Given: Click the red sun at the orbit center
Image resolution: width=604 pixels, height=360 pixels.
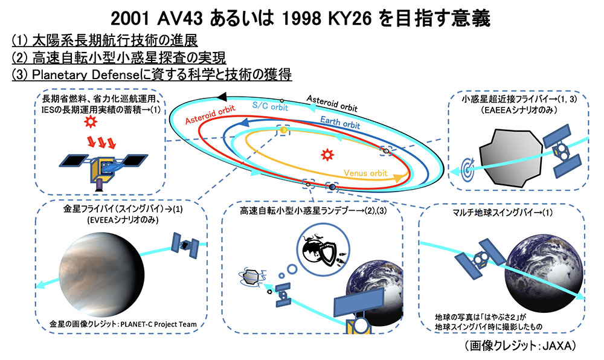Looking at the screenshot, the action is click(x=327, y=155).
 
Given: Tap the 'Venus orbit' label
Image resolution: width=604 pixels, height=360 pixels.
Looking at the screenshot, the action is click(x=365, y=173).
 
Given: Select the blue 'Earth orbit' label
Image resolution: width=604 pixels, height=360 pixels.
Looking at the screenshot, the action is click(x=340, y=122).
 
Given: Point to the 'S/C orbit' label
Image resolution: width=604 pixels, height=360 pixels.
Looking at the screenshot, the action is click(x=270, y=106).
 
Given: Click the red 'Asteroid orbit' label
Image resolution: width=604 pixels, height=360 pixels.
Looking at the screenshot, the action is click(x=210, y=115).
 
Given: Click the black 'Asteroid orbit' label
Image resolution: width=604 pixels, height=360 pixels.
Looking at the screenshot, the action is click(x=332, y=103).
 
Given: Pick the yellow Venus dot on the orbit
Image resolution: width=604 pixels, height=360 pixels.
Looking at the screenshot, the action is click(x=283, y=130).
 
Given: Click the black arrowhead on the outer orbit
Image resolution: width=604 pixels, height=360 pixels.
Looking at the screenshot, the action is click(x=222, y=97).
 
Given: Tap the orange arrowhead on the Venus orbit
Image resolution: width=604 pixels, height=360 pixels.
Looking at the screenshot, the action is click(x=398, y=178).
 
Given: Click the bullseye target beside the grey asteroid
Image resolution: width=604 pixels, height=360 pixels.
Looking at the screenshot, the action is click(x=468, y=168).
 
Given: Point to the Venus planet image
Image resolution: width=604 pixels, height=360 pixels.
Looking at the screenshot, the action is click(x=101, y=274).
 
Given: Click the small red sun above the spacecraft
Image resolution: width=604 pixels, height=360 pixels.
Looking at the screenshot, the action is click(x=91, y=122).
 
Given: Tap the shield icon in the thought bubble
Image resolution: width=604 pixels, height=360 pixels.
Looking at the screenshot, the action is click(x=327, y=254).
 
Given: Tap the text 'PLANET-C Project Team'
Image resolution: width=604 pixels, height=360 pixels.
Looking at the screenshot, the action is click(x=159, y=324).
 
